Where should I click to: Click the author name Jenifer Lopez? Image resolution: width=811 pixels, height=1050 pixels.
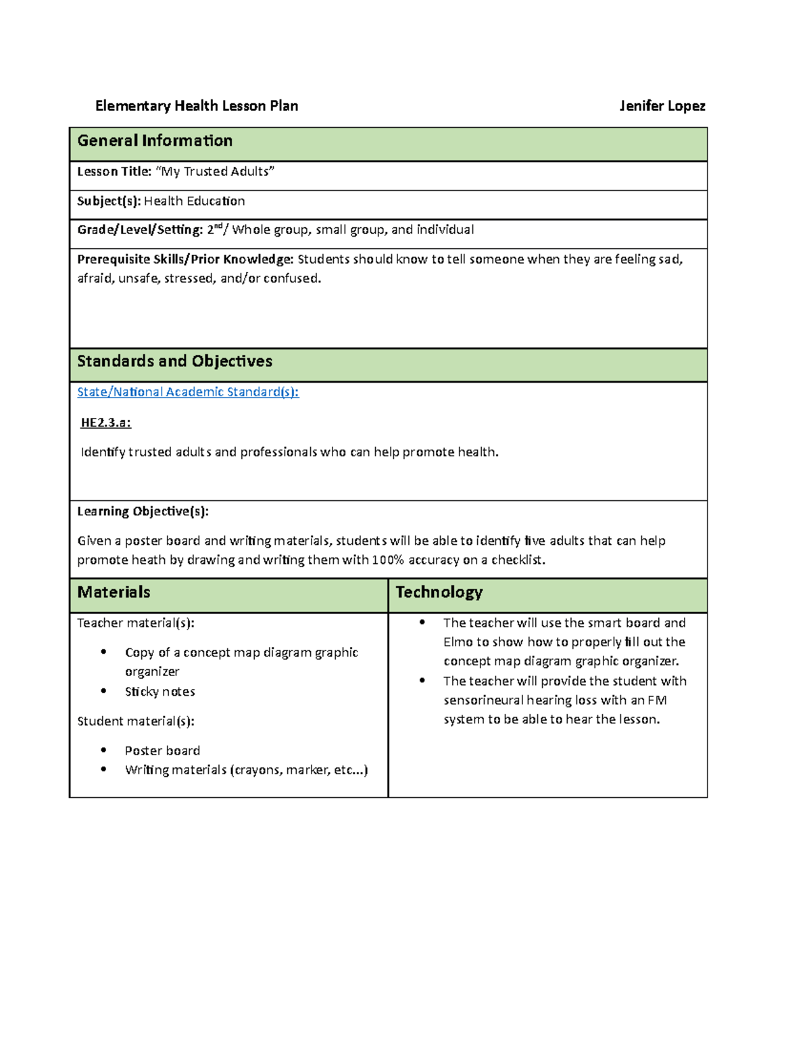662,106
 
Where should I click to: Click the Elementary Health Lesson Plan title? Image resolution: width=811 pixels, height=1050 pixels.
197,106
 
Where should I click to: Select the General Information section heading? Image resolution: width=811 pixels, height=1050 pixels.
155,141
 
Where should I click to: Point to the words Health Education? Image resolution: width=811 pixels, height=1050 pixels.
195,201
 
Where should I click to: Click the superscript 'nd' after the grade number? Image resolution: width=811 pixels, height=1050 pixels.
218,227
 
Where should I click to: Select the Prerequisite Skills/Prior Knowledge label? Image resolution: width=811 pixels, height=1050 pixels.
185,260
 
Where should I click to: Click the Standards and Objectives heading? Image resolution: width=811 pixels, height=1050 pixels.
174,362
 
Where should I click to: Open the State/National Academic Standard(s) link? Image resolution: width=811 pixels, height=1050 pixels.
188,392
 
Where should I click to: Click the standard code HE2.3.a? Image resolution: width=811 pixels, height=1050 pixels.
105,423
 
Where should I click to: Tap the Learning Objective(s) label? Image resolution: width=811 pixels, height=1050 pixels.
143,512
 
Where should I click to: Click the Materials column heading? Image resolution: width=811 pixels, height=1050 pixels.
114,592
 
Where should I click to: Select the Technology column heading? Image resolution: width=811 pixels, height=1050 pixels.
439,592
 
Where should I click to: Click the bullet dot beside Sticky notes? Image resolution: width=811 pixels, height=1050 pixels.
103,691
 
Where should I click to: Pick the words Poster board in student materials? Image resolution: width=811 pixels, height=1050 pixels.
162,751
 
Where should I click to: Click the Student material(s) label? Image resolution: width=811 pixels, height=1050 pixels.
135,721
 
